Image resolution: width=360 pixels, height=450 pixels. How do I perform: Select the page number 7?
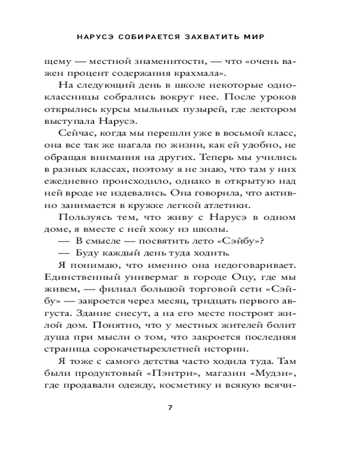[170, 408]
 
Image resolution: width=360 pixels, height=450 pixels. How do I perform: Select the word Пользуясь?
[86, 217]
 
